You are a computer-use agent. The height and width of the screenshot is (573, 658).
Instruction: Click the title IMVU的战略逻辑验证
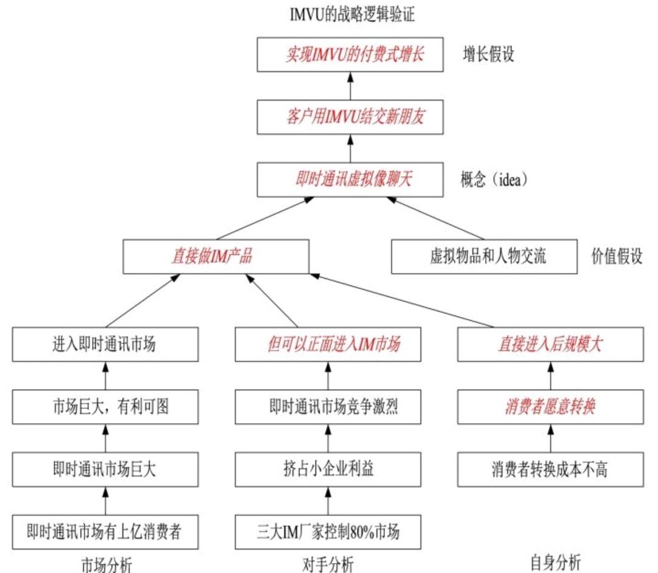point(352,14)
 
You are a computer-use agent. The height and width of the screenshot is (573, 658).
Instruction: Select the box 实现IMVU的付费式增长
point(350,54)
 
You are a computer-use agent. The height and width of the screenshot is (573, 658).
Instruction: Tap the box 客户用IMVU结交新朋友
point(350,116)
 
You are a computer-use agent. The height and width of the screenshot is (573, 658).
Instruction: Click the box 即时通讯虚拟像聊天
point(350,179)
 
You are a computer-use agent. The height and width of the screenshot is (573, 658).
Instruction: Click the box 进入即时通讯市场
point(105,344)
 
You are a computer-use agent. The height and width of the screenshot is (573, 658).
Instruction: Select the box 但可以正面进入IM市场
point(328,344)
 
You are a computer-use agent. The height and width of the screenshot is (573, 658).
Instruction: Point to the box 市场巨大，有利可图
point(105,407)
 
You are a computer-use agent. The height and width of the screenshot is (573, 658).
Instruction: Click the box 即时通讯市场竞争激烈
point(328,407)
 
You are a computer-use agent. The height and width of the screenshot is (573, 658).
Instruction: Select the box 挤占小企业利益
point(328,469)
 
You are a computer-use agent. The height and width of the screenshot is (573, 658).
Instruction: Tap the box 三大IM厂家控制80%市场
point(328,532)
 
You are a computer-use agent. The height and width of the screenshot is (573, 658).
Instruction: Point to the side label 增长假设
point(489,55)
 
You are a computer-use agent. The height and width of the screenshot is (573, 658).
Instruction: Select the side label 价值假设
point(617,257)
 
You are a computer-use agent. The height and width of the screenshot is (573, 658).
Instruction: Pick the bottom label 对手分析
point(328,564)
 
